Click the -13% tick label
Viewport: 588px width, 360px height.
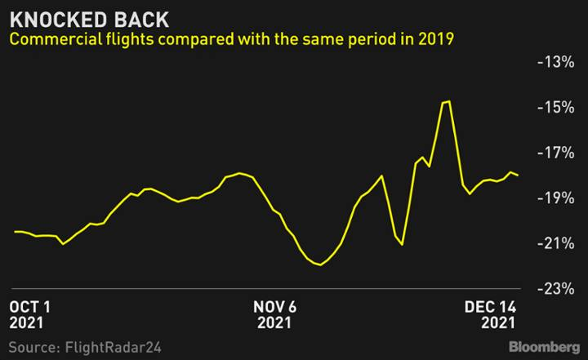click(x=555, y=62)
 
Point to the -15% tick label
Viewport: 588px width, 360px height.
click(x=555, y=108)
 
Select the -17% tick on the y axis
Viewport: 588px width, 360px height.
click(x=555, y=153)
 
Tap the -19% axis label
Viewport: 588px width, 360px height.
click(x=555, y=198)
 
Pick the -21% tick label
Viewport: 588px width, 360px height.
click(x=555, y=244)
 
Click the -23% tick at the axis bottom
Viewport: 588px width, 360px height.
click(x=555, y=289)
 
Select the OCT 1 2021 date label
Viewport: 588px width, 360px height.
click(x=29, y=315)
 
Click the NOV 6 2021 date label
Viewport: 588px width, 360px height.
click(x=274, y=315)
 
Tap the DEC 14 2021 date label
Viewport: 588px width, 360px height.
click(x=490, y=315)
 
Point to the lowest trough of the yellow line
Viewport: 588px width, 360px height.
click(x=319, y=264)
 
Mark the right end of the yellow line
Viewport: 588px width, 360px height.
click(x=518, y=176)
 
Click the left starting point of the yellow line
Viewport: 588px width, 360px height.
click(x=15, y=232)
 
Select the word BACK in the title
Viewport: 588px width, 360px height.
click(x=141, y=20)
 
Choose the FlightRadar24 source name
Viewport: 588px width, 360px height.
click(x=114, y=347)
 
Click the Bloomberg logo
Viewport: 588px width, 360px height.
click(x=544, y=347)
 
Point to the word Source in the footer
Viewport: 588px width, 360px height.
click(x=34, y=347)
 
